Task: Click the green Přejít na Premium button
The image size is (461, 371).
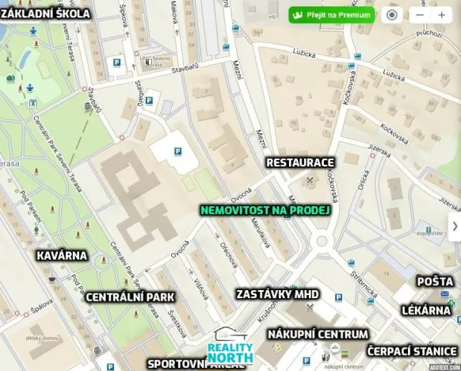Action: (330, 15)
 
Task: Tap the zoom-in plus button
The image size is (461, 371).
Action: (441, 15)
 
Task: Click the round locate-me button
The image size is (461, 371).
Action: (391, 15)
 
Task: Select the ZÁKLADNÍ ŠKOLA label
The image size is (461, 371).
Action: (45, 13)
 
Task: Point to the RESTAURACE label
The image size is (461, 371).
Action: (300, 162)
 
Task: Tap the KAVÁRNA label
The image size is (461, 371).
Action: (63, 256)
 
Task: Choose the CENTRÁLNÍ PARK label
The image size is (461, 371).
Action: (130, 297)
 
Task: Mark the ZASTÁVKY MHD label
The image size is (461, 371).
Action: (277, 294)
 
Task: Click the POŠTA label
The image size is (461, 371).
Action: (436, 281)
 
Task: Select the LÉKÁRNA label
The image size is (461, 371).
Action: (426, 310)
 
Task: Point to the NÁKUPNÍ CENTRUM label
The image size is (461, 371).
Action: (317, 334)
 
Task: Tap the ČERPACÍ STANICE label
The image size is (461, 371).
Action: (412, 350)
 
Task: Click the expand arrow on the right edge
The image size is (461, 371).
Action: (455, 227)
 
